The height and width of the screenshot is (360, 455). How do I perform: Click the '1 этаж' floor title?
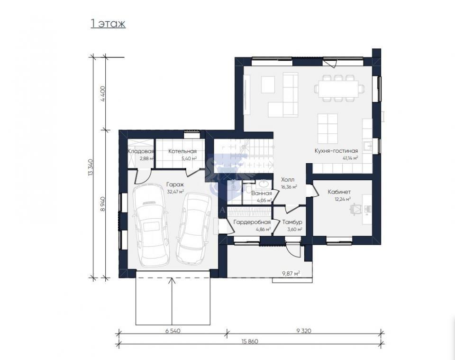pyautogui.click(x=108, y=24)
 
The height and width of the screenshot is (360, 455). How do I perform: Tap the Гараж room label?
pyautogui.click(x=175, y=185)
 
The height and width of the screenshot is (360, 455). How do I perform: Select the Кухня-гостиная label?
pyautogui.click(x=337, y=151)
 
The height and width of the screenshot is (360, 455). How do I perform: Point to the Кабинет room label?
pyautogui.click(x=339, y=192)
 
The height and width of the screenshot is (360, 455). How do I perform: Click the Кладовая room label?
pyautogui.click(x=141, y=151)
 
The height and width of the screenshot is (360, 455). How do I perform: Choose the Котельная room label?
pyautogui.click(x=182, y=151)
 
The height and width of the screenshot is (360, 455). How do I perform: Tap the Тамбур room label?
pyautogui.click(x=292, y=222)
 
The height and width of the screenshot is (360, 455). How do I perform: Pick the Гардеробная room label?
pyautogui.click(x=252, y=222)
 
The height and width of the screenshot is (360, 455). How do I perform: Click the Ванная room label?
pyautogui.click(x=262, y=194)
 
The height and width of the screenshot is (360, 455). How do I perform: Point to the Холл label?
pyautogui.click(x=288, y=180)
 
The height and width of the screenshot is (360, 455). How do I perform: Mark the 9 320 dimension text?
pyautogui.click(x=304, y=331)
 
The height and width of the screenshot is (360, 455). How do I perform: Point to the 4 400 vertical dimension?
pyautogui.click(x=103, y=93)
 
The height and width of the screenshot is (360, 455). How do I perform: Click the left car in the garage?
pyautogui.click(x=151, y=225)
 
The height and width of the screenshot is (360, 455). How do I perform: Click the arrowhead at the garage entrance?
pyautogui.click(x=172, y=280)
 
